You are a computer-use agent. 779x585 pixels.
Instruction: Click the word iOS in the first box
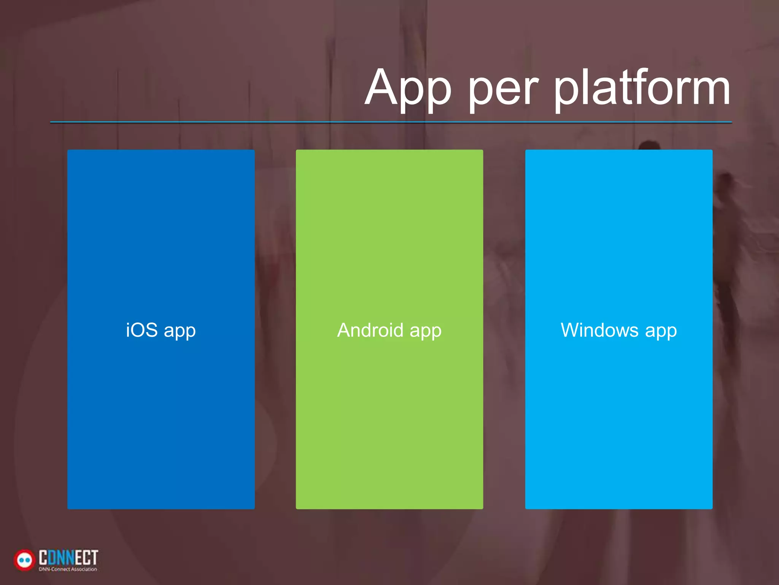141,330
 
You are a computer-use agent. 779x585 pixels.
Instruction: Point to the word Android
370,330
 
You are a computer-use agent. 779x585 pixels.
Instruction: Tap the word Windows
599,330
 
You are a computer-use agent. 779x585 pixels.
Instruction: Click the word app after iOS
180,331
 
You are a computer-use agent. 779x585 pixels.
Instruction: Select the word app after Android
426,331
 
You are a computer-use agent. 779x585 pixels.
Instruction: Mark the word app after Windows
661,331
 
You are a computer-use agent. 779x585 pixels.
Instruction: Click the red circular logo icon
24,560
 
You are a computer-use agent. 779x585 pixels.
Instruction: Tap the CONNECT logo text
68,558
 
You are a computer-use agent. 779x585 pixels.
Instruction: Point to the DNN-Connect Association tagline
68,569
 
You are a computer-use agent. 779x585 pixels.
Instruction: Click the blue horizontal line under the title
391,122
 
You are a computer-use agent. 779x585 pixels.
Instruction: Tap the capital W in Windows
572,330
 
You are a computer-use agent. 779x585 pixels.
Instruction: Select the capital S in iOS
151,330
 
